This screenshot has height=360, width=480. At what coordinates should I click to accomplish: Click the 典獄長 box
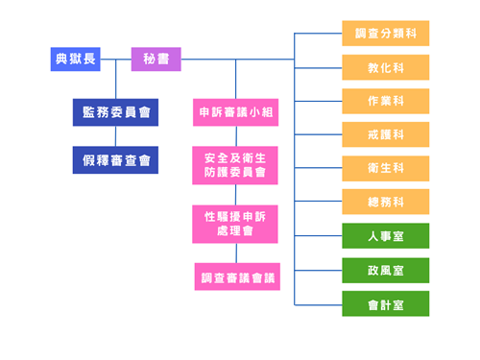point(75,60)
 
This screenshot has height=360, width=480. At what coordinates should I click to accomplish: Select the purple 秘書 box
point(156,60)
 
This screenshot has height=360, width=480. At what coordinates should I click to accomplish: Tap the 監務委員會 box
point(115,112)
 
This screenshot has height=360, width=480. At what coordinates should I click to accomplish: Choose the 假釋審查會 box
point(115,160)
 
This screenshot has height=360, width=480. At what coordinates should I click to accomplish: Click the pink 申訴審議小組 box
point(235,112)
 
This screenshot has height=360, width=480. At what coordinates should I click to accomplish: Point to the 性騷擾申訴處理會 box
point(235,224)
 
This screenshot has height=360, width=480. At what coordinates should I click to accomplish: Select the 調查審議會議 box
point(237,277)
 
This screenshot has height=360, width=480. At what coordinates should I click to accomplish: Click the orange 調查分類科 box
point(385,34)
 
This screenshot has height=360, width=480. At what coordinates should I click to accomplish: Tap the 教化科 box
point(385,68)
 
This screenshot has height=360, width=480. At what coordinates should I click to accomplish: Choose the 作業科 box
point(385,102)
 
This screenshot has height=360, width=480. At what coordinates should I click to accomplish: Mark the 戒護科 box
point(385,135)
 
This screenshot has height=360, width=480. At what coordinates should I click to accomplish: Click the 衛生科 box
point(385,169)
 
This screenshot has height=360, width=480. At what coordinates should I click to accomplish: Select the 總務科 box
point(385,203)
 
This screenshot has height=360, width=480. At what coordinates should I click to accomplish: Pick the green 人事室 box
point(385,236)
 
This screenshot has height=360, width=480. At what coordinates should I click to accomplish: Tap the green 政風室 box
point(385,271)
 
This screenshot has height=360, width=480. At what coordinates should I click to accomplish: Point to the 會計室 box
point(385,304)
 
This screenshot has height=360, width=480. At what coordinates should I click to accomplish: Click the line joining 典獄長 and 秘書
point(115,60)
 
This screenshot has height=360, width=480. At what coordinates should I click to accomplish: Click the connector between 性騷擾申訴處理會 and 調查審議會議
point(236,253)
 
